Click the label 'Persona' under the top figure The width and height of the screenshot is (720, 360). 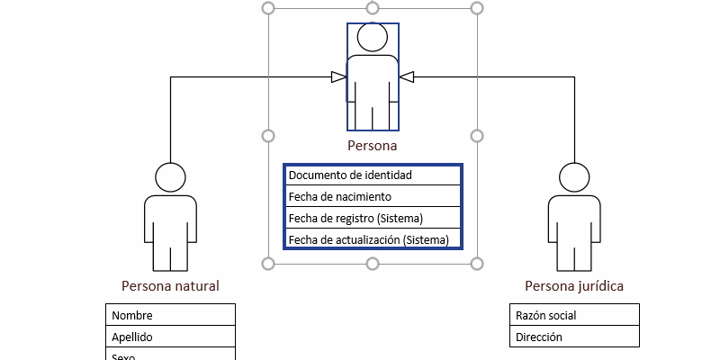[x=372, y=145]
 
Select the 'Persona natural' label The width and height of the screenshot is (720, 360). [x=170, y=286]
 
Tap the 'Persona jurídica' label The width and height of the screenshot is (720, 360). [x=574, y=286]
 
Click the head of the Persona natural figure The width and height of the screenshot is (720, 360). [x=170, y=177]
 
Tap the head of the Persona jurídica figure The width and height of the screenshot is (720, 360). [x=574, y=177]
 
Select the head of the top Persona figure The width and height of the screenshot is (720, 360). [x=372, y=38]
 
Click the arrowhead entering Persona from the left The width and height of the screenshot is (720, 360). [x=339, y=77]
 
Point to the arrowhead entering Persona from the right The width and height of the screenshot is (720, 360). [x=406, y=77]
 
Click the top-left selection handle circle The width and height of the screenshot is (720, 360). [x=267, y=8]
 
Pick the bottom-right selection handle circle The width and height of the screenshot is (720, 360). [x=477, y=263]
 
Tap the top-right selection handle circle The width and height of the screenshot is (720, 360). [x=477, y=8]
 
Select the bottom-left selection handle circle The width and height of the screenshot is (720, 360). [x=267, y=263]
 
